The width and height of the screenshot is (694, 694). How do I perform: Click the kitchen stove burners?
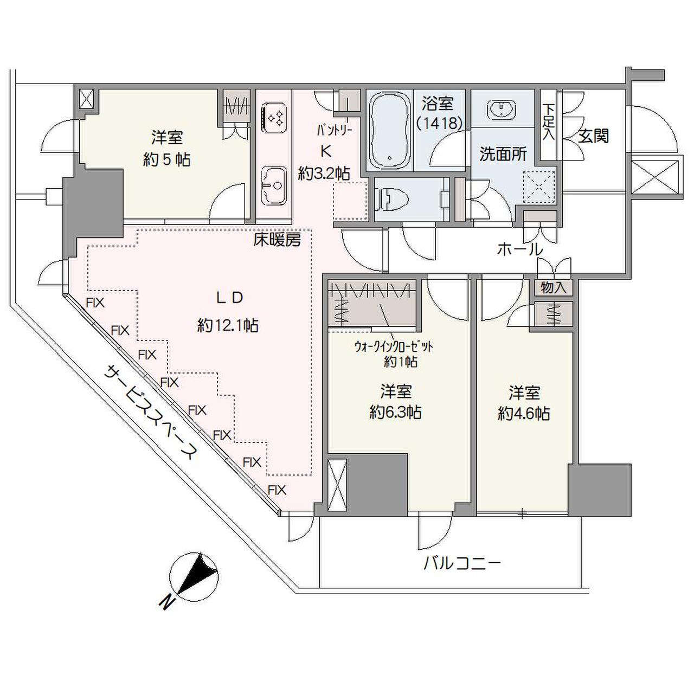(x=274, y=118)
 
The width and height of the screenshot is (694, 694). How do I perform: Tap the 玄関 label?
(x=593, y=136)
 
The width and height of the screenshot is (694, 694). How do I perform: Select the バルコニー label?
(x=462, y=564)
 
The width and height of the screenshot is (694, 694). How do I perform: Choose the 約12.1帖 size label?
(x=228, y=325)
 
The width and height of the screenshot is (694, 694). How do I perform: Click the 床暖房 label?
(x=277, y=240)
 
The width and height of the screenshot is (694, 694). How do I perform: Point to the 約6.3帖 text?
(x=395, y=412)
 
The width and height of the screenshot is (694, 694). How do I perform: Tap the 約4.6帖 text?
(x=524, y=414)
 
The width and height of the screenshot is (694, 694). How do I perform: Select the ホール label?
(x=519, y=249)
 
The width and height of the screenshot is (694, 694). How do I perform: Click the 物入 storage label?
(x=553, y=288)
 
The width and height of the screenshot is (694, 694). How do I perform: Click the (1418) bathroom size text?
(x=439, y=123)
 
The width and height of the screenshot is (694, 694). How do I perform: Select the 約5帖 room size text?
(x=166, y=159)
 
